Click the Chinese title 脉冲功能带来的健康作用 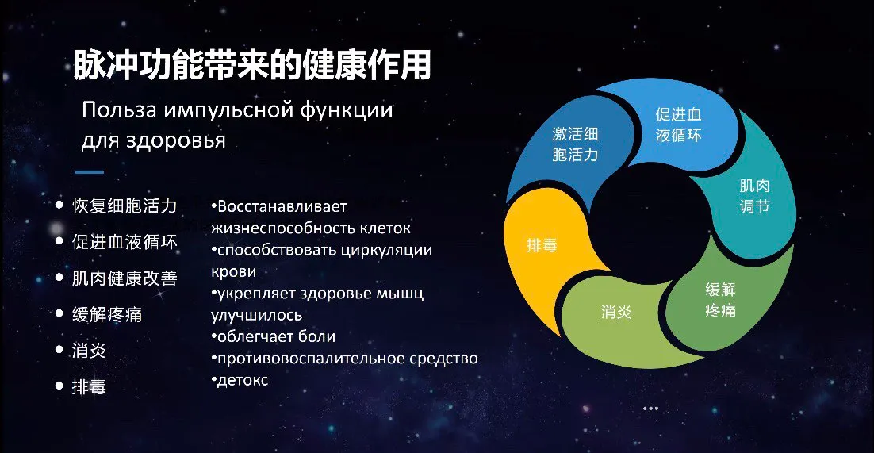pos(252,65)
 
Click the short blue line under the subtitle pos(89,172)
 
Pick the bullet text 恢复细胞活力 pos(125,205)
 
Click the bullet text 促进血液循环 pos(125,242)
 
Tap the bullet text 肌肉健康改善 pos(125,278)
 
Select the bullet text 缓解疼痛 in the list pos(107,314)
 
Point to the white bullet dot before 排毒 pos(59,386)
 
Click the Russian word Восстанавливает pos(282,206)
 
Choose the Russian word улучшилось pos(256,315)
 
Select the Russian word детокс pos(243,381)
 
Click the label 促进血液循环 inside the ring pos(678,125)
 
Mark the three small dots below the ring pos(650,409)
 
